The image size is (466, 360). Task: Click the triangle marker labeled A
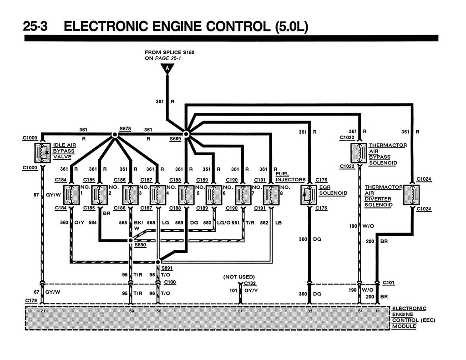167,69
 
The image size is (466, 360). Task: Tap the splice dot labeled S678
115,135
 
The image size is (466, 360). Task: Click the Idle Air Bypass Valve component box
43,153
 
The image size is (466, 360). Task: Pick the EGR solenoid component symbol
309,195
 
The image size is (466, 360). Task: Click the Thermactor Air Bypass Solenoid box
359,153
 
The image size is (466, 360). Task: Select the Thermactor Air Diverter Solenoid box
412,195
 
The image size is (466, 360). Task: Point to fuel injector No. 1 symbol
71,195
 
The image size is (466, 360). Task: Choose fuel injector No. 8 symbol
271,195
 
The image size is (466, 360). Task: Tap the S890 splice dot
130,240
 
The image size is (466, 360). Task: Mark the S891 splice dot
158,262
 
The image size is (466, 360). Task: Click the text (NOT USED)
239,277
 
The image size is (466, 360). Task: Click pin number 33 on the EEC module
309,311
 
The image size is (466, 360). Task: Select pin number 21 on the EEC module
42,311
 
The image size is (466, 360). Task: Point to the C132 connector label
250,283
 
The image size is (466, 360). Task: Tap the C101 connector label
389,283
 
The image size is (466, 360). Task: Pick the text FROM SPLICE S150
169,52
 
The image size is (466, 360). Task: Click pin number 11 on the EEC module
377,311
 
